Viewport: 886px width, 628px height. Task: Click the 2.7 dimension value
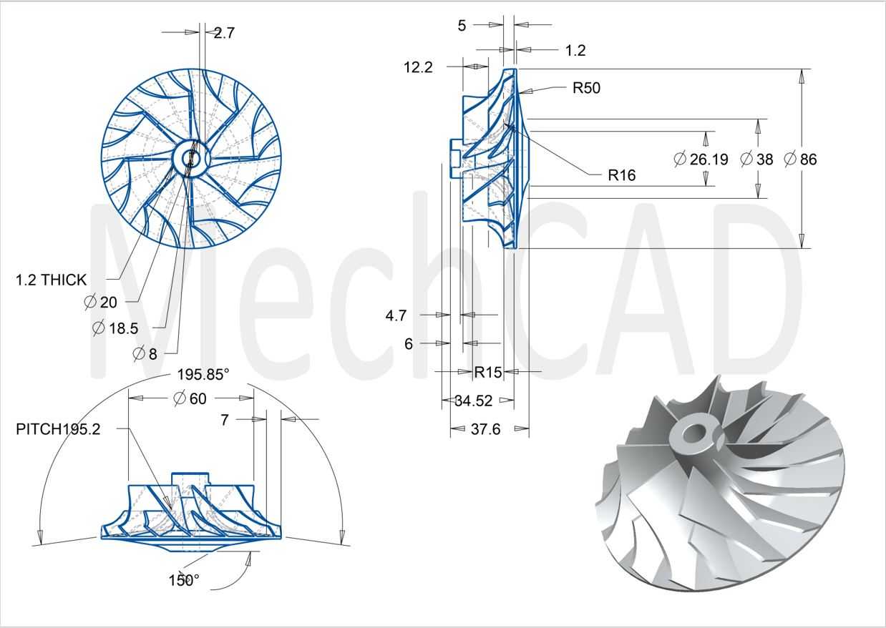[224, 33]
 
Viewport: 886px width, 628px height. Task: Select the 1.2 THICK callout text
[51, 280]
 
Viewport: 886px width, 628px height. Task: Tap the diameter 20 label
[101, 303]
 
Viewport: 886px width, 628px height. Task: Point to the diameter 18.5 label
[115, 328]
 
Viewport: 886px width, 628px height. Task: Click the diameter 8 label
[145, 354]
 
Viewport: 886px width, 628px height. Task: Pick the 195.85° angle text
[203, 374]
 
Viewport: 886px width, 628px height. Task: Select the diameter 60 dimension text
[190, 398]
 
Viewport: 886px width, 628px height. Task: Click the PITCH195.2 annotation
[58, 429]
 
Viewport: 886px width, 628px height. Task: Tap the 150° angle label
[184, 580]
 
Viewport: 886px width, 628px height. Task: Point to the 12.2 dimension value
[418, 67]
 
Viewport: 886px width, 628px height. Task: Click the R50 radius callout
[587, 88]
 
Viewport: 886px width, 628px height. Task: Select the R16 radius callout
[622, 175]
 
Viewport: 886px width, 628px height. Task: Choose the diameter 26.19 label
[701, 160]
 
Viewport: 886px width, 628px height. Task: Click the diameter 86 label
[801, 160]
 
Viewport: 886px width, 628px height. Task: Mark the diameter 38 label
[756, 160]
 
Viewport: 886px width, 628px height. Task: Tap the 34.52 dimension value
[474, 401]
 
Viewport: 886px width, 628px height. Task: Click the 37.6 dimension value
[486, 429]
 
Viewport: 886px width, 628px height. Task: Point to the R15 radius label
[488, 372]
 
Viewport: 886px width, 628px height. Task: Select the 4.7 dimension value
[396, 315]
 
